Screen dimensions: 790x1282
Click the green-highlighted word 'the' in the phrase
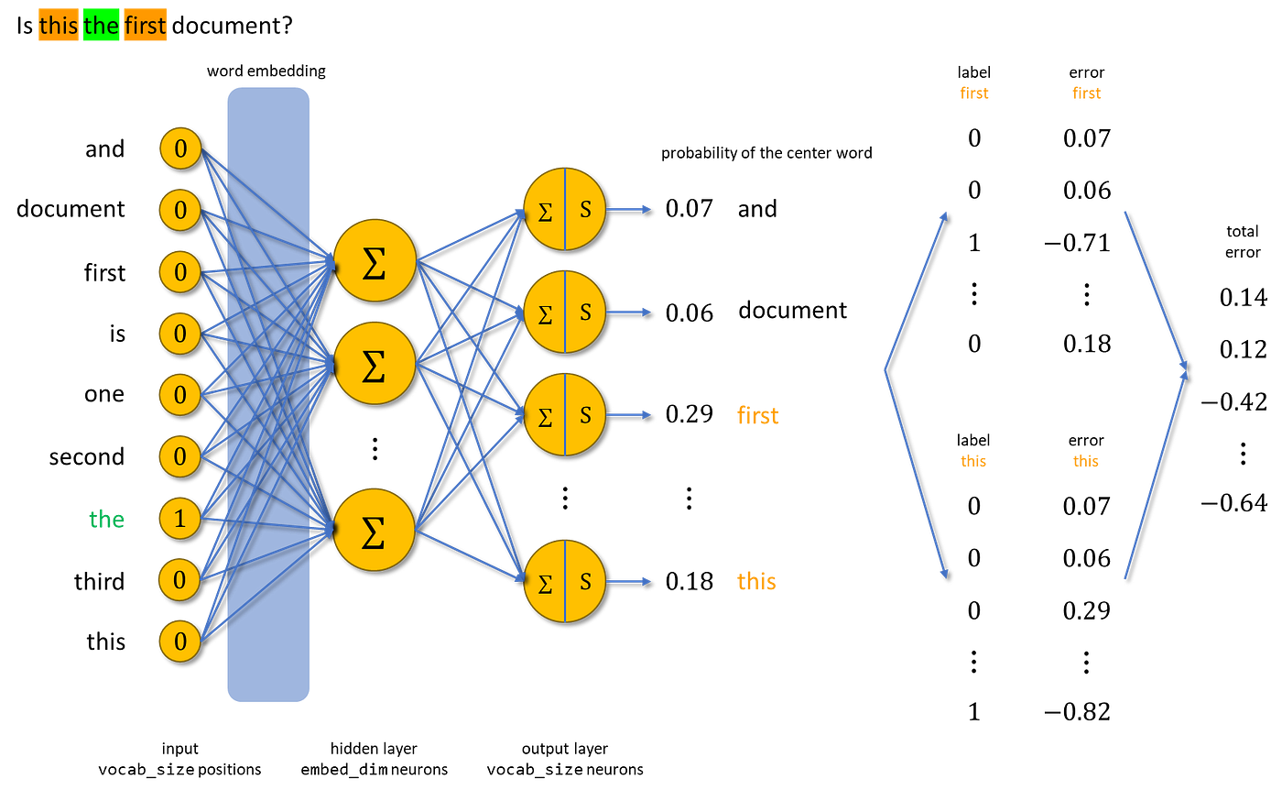click(x=101, y=26)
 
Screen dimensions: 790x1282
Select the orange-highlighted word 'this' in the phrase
click(x=59, y=26)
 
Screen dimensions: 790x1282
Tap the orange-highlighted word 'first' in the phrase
click(x=146, y=26)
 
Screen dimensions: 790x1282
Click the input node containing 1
click(x=179, y=519)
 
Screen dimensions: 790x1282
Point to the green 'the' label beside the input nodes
click(x=106, y=520)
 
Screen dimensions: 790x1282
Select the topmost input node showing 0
click(x=179, y=148)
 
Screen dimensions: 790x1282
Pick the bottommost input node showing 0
click(x=179, y=641)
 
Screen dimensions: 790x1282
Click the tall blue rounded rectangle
click(x=267, y=394)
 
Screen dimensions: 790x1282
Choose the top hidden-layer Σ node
click(x=375, y=259)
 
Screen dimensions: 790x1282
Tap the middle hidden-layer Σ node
click(x=375, y=363)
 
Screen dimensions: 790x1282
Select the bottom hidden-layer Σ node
click(x=375, y=530)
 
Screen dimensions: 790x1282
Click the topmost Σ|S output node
click(x=564, y=208)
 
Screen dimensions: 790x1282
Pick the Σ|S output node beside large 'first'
click(x=564, y=414)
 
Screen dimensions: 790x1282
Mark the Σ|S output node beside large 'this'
click(x=564, y=581)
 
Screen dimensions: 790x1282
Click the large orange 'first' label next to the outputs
click(x=757, y=416)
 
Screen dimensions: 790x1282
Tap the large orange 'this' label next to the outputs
click(x=756, y=582)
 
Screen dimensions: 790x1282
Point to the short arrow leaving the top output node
click(x=629, y=208)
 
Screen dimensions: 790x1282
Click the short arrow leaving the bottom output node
click(x=629, y=580)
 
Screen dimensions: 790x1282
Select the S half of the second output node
click(x=585, y=312)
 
